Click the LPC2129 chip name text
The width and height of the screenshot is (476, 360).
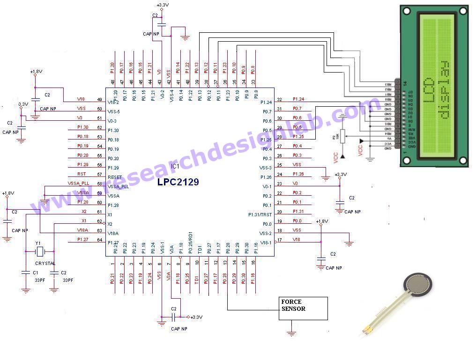coord(178,182)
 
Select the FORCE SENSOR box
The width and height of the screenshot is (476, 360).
coord(302,309)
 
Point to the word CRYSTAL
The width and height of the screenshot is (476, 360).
coord(45,264)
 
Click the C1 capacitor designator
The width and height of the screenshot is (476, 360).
coord(35,272)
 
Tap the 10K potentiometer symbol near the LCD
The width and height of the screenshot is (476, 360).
coord(342,136)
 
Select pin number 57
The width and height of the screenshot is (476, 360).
coord(99,174)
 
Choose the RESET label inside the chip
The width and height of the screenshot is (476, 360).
coord(115,177)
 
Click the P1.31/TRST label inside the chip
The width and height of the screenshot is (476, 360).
coord(260,215)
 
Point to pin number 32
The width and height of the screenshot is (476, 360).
coord(280,99)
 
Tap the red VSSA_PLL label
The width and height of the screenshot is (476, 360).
coord(78,184)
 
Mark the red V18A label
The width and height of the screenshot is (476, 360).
coord(83,230)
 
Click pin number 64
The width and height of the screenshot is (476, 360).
coord(99,240)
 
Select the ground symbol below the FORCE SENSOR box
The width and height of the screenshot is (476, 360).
coord(291,333)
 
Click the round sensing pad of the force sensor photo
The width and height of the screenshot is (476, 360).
coord(418,284)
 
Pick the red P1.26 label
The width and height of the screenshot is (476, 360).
coord(298,174)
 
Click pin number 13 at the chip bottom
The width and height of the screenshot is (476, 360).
coord(225,263)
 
